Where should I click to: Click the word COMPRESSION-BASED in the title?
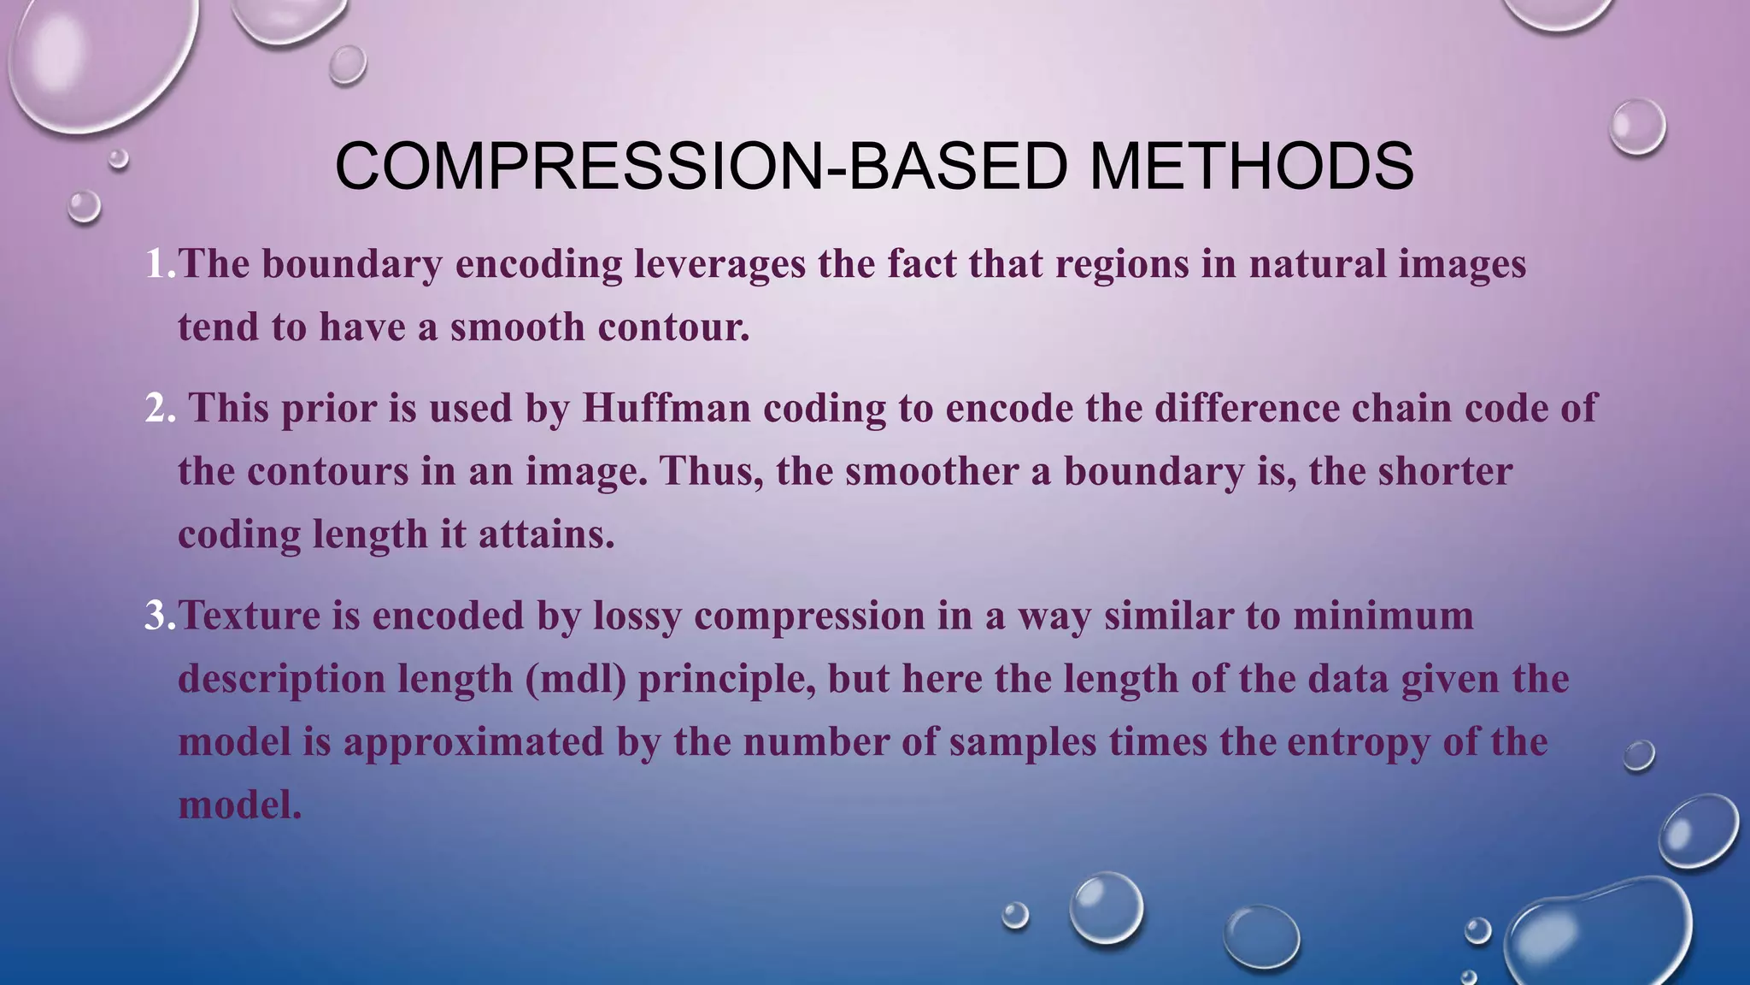click(701, 166)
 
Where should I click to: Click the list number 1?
click(160, 264)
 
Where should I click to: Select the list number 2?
click(160, 409)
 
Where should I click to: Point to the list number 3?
click(160, 616)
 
